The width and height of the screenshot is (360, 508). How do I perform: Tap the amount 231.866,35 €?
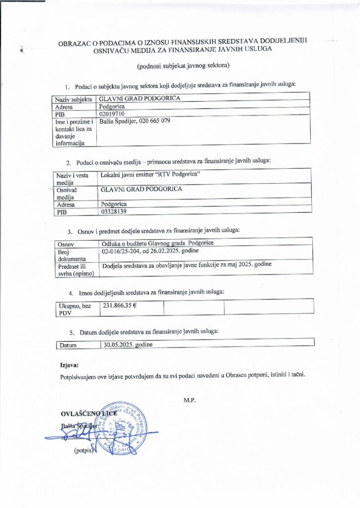pyautogui.click(x=119, y=305)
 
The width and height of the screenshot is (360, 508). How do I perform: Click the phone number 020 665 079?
pyautogui.click(x=152, y=121)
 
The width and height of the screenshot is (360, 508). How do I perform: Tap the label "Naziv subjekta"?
pyautogui.click(x=74, y=99)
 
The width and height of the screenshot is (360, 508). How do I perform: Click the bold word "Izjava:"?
pyautogui.click(x=69, y=365)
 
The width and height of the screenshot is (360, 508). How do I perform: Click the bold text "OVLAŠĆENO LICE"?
pyautogui.click(x=88, y=413)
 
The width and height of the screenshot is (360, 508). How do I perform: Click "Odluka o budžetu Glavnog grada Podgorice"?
pyautogui.click(x=158, y=243)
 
